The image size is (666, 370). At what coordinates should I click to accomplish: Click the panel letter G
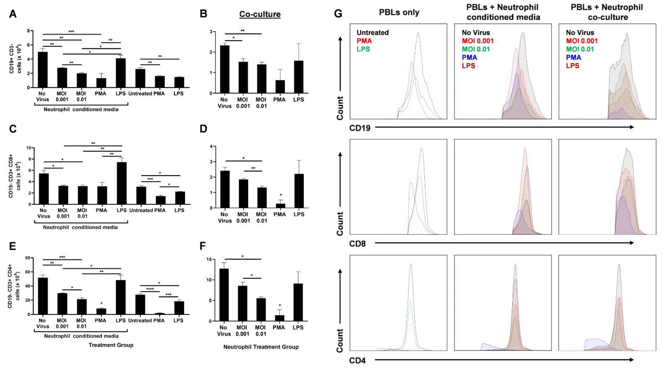point(338,13)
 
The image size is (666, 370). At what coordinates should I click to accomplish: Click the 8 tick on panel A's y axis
point(28,31)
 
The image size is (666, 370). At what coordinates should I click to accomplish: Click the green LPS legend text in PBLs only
point(363,49)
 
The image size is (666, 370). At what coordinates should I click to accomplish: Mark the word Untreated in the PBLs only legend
point(373,33)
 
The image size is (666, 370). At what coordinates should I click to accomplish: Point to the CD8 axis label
point(357,244)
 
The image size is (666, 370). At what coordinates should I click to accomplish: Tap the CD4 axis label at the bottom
point(357,360)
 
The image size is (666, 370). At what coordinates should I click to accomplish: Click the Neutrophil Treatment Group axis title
point(261,347)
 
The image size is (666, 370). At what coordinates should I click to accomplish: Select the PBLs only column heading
point(399,12)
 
